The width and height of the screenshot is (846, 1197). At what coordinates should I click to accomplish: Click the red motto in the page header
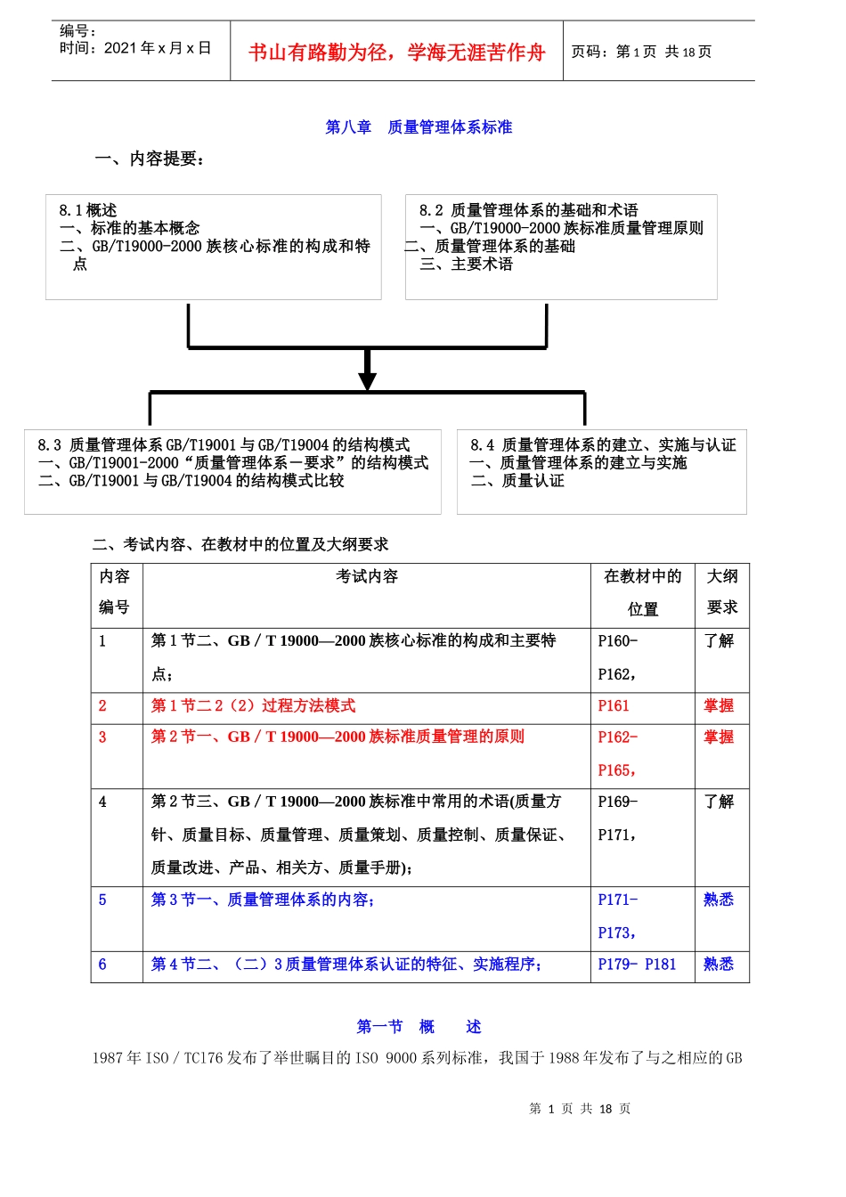pos(396,53)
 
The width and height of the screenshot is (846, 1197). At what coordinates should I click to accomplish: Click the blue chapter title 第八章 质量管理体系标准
pos(419,127)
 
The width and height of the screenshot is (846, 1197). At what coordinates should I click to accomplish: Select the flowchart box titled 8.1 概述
pos(214,247)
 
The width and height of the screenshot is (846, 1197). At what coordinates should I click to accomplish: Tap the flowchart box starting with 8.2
pos(561,247)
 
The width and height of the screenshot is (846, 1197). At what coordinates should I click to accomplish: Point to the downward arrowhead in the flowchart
pos(367,380)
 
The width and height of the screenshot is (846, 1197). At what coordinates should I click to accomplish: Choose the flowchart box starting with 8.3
pos(232,472)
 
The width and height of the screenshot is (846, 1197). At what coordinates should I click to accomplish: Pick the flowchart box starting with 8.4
pos(602,472)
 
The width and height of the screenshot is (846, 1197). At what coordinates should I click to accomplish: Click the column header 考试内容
pos(367,577)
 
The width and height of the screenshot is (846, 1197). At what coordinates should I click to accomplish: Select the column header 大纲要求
pos(722,592)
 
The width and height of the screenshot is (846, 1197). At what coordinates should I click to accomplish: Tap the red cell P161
pos(614,706)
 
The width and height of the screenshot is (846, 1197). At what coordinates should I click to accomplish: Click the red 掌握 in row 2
pos(719,706)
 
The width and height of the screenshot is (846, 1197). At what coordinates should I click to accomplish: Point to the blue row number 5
pos(102,900)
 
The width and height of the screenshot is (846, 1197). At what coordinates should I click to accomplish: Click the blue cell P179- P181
pos(637,965)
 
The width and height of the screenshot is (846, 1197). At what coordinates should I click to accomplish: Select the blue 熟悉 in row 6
pos(719,965)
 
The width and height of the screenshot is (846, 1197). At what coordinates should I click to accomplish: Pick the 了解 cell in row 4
pos(719,802)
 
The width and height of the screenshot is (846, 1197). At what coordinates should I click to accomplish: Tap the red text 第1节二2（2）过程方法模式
pos(253,706)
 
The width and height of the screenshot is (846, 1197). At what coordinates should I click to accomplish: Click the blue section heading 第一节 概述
pos(419,1027)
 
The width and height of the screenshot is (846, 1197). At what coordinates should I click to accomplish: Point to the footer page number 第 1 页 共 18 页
pos(580,1109)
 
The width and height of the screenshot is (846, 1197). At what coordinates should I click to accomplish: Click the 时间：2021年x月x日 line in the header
pos(135,48)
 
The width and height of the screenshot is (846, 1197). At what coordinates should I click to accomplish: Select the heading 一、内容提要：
pos(150,159)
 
